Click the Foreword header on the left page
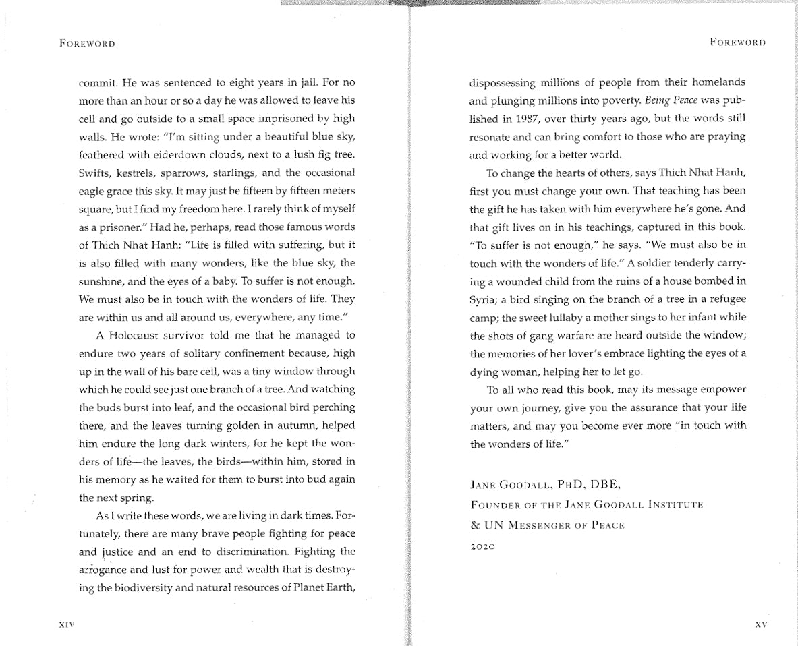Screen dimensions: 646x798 (87, 44)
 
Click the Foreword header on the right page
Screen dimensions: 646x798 (737, 42)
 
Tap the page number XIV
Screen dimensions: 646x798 (67, 625)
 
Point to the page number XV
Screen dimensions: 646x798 (760, 625)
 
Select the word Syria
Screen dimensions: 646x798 (483, 299)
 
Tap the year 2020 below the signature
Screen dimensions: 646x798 (482, 546)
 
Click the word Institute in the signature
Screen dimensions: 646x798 (675, 504)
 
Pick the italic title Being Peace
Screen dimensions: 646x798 (671, 100)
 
